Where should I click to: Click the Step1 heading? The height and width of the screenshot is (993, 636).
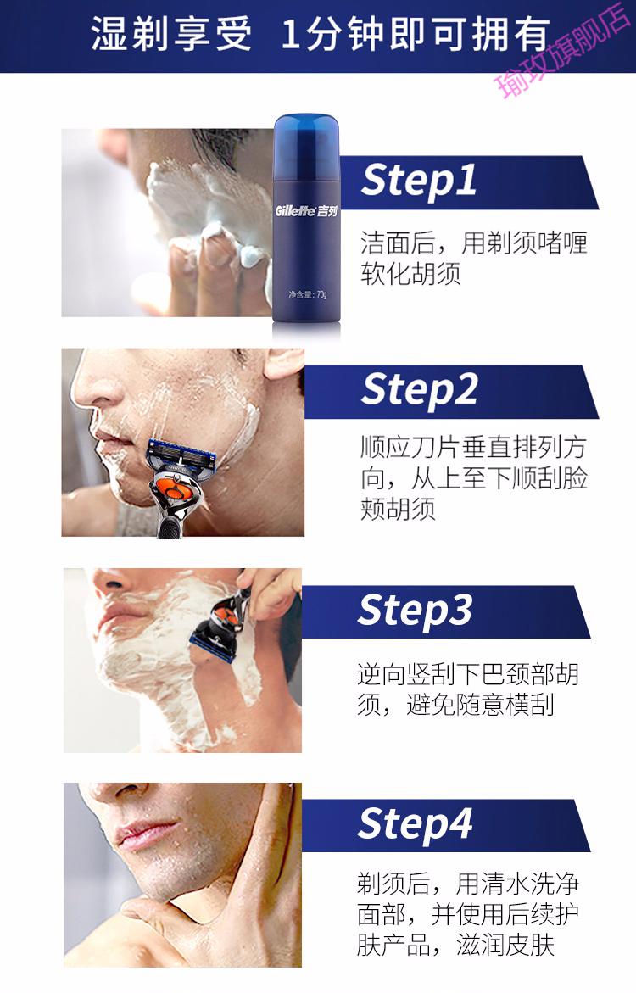(419, 181)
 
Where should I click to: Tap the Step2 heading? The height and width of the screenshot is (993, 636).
(419, 389)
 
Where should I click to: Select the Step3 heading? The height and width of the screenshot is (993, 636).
(415, 611)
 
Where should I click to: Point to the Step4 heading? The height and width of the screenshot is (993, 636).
(415, 824)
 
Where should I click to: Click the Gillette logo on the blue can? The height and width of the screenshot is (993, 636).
(307, 210)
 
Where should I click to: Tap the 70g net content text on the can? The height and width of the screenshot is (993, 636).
(307, 294)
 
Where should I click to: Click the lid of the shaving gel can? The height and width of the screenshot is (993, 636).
(307, 137)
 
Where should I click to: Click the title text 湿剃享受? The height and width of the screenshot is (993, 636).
(171, 34)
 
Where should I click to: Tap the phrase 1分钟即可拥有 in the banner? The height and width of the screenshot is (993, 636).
(415, 34)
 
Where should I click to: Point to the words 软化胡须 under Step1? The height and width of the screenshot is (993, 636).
(410, 274)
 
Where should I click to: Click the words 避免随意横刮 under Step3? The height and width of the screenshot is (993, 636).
(480, 704)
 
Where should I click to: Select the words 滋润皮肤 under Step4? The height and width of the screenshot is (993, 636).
(505, 945)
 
